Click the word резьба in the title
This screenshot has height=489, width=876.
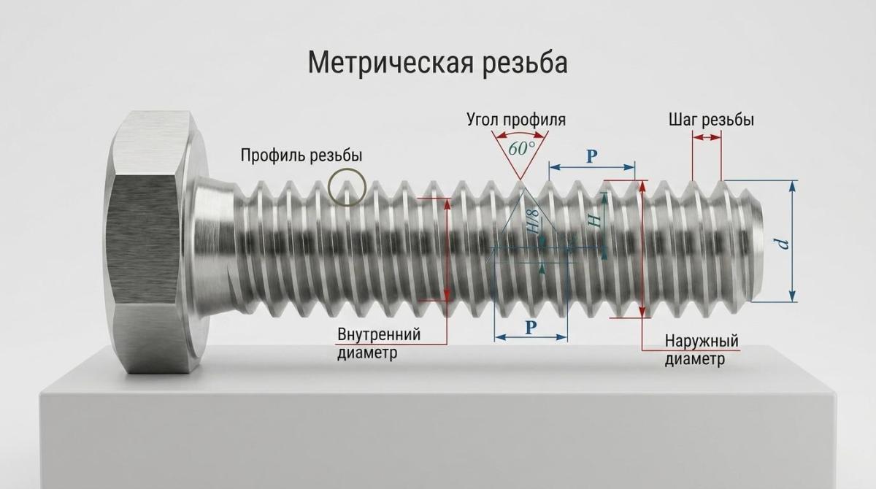click(x=524, y=63)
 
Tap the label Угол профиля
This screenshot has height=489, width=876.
click(x=516, y=120)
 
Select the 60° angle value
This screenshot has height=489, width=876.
click(x=522, y=148)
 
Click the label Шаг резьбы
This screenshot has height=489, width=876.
click(x=711, y=120)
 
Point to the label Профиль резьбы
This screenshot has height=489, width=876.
click(x=301, y=155)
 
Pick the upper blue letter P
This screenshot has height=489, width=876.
click(x=592, y=156)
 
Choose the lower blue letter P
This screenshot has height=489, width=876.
click(x=530, y=327)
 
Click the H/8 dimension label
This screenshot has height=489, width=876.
click(x=534, y=222)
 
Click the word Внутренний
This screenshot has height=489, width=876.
click(x=379, y=334)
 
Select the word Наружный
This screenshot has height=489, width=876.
click(x=702, y=341)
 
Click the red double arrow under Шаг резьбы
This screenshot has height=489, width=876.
click(x=707, y=137)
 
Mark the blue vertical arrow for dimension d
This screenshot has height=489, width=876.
click(x=792, y=241)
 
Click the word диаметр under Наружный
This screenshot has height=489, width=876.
click(x=695, y=359)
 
